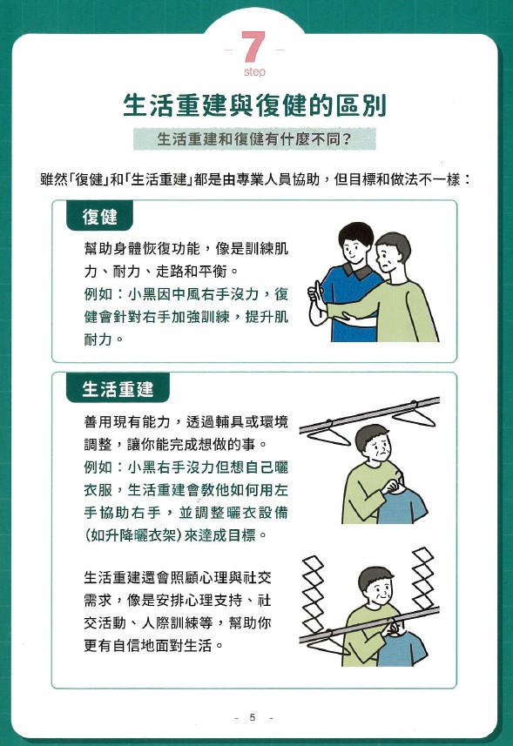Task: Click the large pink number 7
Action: coord(253,47)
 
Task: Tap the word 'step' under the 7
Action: coord(254,72)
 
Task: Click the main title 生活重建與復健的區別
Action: coord(254,105)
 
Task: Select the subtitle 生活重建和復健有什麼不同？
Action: coord(254,139)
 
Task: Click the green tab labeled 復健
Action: coord(99,217)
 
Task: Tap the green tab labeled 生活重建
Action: coord(118,389)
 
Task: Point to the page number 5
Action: coord(253,717)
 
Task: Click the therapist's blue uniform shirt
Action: coord(350,305)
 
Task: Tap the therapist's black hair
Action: coord(356,233)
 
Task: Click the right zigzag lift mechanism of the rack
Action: coord(423,578)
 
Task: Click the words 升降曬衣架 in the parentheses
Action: coord(129,535)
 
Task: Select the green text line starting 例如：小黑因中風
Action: coord(186,294)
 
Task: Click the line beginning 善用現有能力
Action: coord(186,421)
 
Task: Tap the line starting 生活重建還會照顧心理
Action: coord(178,577)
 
